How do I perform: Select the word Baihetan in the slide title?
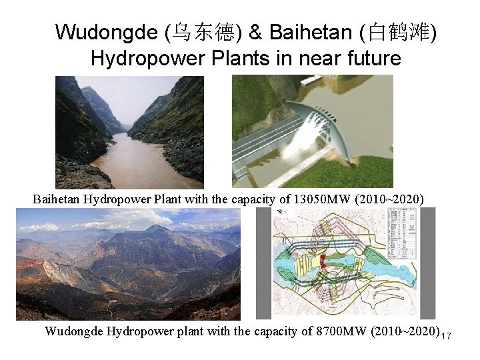310,31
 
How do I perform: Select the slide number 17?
446,335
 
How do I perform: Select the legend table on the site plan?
403,229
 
